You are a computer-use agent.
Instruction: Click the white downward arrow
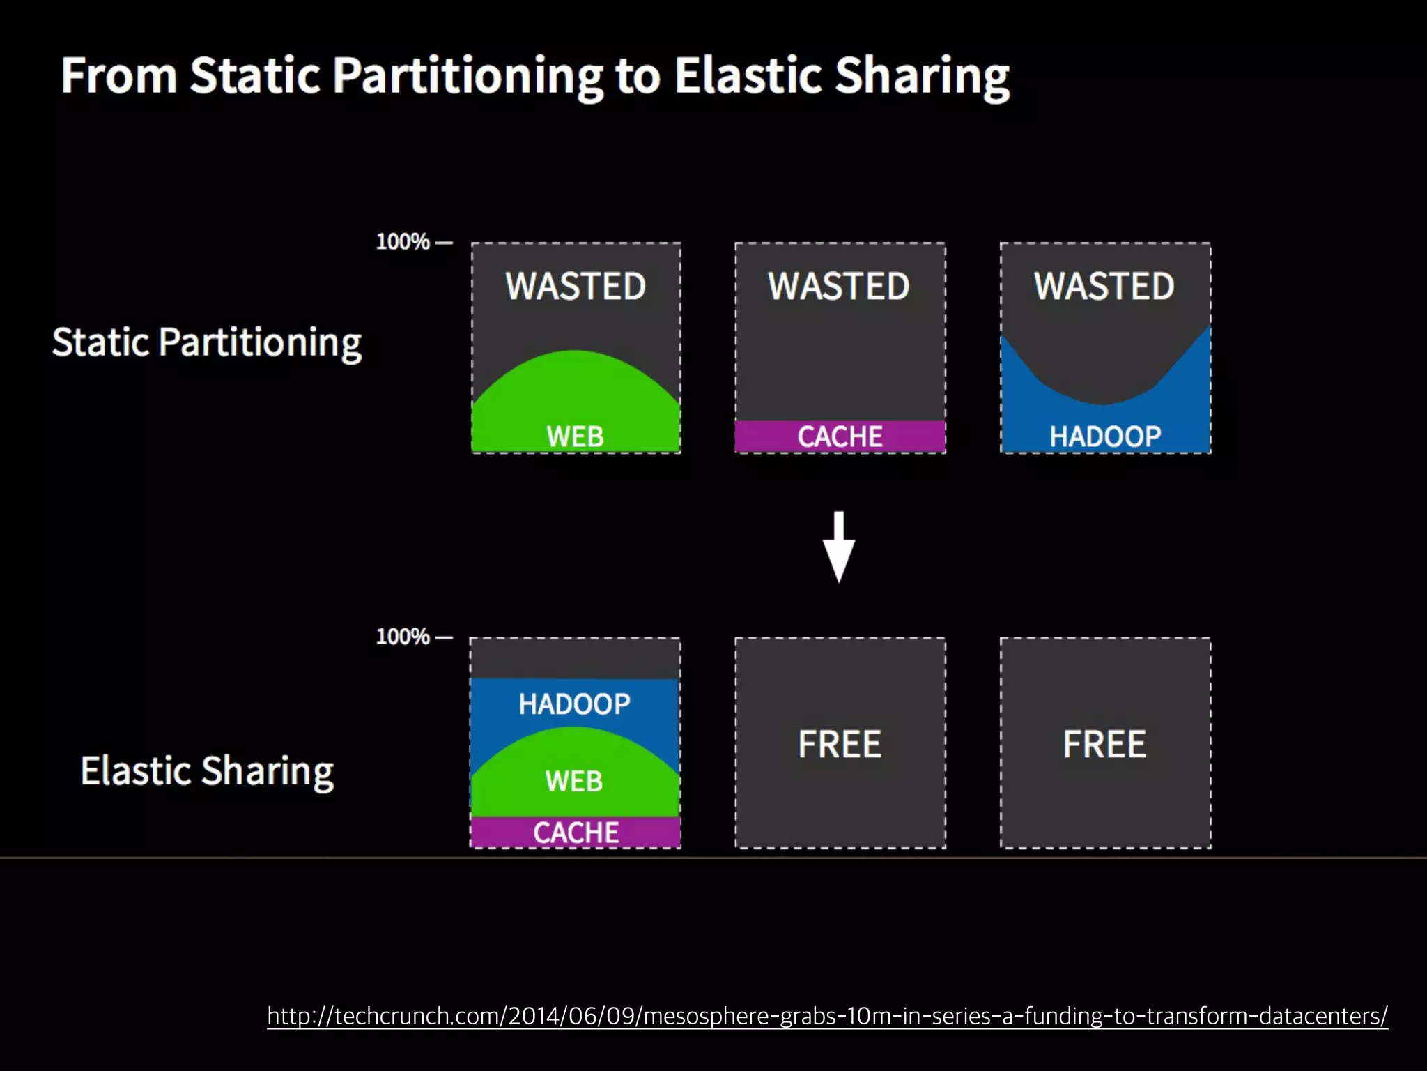point(839,547)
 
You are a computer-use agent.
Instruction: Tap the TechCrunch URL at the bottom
point(827,1016)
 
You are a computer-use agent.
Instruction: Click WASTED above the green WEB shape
point(576,286)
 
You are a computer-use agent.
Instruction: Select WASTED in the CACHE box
point(839,286)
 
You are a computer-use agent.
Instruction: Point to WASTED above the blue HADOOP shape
point(1104,286)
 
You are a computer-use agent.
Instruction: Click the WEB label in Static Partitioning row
point(575,436)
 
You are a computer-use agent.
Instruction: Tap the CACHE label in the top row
point(840,436)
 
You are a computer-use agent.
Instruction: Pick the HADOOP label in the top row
point(1105,436)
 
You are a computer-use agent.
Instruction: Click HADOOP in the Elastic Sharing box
point(574,704)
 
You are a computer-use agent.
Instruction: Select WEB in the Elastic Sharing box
point(574,781)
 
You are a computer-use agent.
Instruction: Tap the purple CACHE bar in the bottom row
point(576,833)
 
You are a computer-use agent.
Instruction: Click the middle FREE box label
point(840,744)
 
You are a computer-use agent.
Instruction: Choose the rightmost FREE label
point(1104,744)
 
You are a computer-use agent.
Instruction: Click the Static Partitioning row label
point(207,342)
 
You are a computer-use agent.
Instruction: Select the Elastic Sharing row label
point(207,771)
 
